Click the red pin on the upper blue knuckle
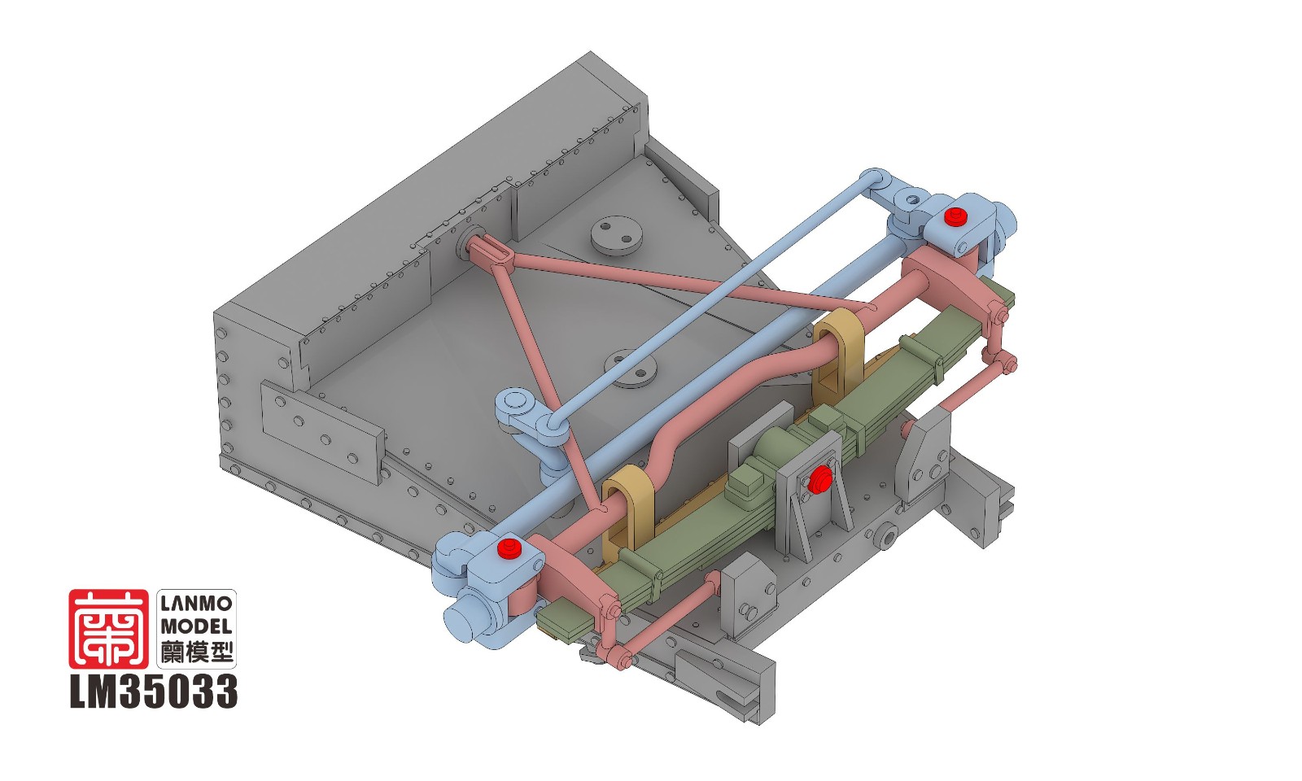tap(953, 216)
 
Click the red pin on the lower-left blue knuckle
tap(509, 548)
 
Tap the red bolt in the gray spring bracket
tap(820, 479)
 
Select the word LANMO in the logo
tap(196, 604)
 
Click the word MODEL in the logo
tap(196, 627)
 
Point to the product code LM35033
tap(154, 691)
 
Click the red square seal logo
tap(108, 629)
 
